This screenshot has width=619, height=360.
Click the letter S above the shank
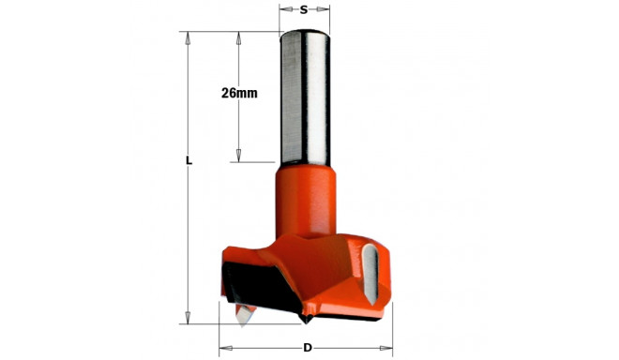(306, 11)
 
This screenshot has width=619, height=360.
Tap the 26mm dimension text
(239, 93)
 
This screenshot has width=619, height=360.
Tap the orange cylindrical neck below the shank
(307, 197)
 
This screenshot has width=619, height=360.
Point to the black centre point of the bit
(306, 320)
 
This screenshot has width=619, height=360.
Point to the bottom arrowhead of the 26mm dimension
(239, 157)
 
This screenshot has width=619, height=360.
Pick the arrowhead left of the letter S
(284, 11)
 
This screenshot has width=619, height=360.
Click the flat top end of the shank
(306, 34)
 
